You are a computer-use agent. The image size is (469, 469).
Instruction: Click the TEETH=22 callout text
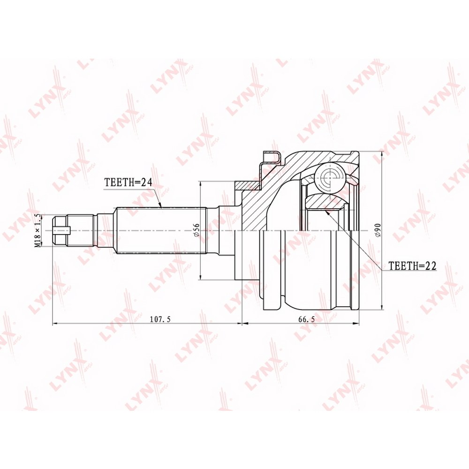pyautogui.click(x=412, y=265)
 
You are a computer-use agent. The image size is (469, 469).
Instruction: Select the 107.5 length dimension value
pyautogui.click(x=160, y=319)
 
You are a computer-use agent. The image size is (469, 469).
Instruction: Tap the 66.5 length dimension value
pyautogui.click(x=307, y=319)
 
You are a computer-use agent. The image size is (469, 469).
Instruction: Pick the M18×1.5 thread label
pyautogui.click(x=38, y=230)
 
